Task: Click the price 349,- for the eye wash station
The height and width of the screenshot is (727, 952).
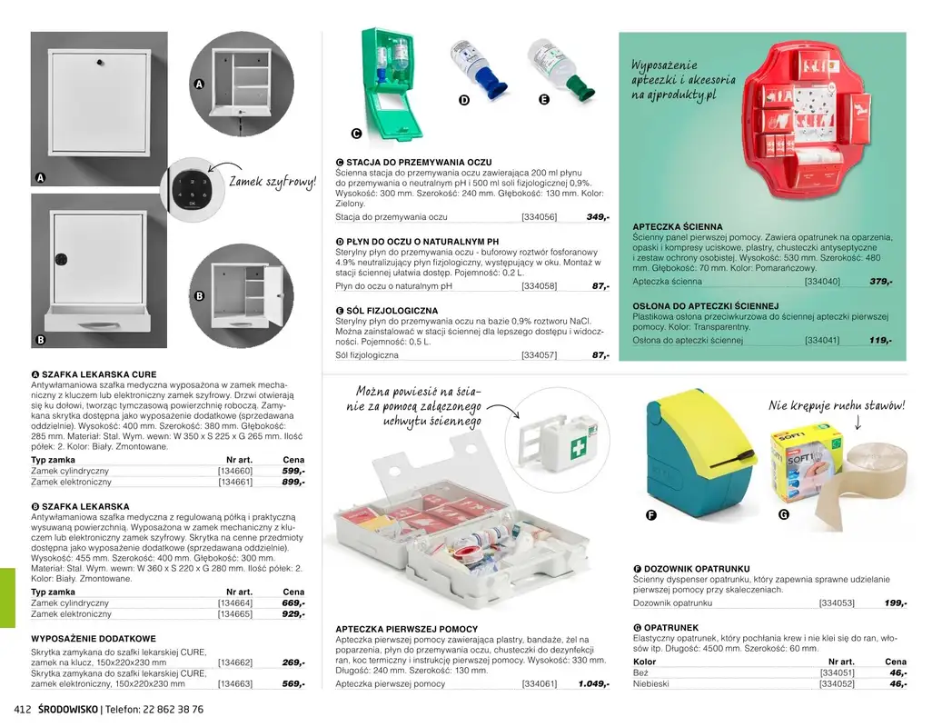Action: [x=597, y=217]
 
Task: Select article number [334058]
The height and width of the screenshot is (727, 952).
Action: [x=539, y=286]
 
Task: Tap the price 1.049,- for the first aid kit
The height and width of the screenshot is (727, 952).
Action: [x=592, y=684]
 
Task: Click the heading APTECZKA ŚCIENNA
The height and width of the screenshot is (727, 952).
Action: [x=678, y=226]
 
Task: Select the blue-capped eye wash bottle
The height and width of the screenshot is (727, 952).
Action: [x=471, y=68]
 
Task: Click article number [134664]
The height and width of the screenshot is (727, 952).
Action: [x=235, y=603]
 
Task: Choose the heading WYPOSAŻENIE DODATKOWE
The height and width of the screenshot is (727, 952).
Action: [x=94, y=639]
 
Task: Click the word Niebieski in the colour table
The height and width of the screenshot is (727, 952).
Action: [x=650, y=684]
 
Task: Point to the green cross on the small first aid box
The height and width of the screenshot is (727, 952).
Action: [x=578, y=448]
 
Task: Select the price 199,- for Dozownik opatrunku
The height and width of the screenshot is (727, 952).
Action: [x=895, y=603]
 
